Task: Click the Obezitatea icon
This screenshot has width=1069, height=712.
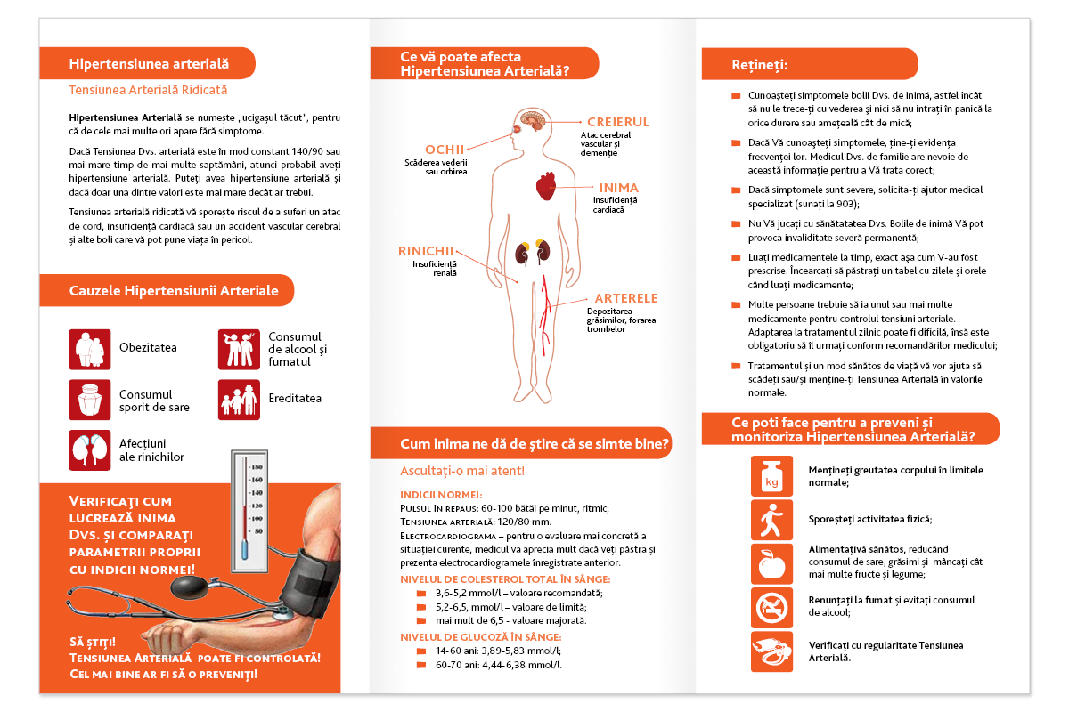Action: pyautogui.click(x=90, y=349)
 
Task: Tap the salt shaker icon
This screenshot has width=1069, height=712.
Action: pyautogui.click(x=90, y=400)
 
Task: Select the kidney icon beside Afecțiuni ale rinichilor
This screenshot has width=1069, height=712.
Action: pyautogui.click(x=90, y=450)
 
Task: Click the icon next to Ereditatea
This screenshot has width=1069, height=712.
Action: pyautogui.click(x=239, y=400)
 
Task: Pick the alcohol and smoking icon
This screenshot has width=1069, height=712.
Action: pyautogui.click(x=239, y=349)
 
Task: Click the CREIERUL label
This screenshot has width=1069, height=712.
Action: pyautogui.click(x=618, y=122)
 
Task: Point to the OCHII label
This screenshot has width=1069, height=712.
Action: pyautogui.click(x=445, y=150)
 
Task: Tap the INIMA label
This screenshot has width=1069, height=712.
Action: pyautogui.click(x=619, y=188)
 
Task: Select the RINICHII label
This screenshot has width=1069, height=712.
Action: pyautogui.click(x=426, y=251)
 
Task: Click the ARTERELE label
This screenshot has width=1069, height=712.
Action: pyautogui.click(x=626, y=298)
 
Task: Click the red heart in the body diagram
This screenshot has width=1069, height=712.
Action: pyautogui.click(x=546, y=185)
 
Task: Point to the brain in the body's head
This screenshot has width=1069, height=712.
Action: pyautogui.click(x=534, y=119)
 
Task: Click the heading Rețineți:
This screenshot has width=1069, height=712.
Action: pyautogui.click(x=759, y=65)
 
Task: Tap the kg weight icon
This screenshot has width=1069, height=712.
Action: pyautogui.click(x=771, y=476)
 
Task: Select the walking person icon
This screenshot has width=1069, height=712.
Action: pyautogui.click(x=771, y=520)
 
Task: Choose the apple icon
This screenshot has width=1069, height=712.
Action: pyautogui.click(x=771, y=563)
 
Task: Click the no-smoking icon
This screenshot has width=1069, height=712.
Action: pyautogui.click(x=771, y=608)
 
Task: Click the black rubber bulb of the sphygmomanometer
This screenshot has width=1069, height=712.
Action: pyautogui.click(x=190, y=587)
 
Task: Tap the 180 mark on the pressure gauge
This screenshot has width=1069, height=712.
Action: pyautogui.click(x=257, y=467)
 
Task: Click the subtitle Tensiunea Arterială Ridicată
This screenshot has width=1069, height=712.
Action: pyautogui.click(x=148, y=90)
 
